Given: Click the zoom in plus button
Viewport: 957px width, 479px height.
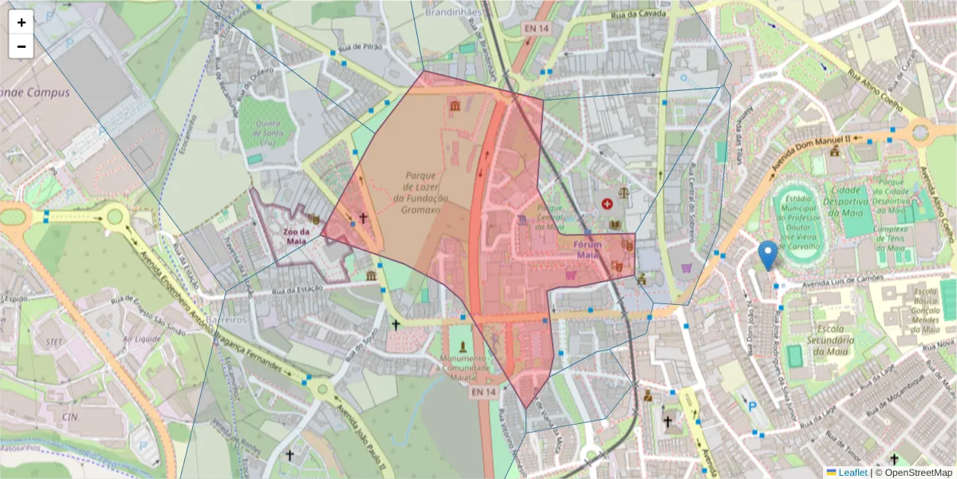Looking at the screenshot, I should pyautogui.click(x=22, y=22).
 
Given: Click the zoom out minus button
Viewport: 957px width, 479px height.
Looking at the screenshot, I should pyautogui.click(x=22, y=46).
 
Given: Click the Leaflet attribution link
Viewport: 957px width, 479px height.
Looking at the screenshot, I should pyautogui.click(x=852, y=472).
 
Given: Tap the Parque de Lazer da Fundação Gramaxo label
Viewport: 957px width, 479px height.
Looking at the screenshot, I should pyautogui.click(x=421, y=192).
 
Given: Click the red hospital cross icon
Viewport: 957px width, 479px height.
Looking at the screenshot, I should pyautogui.click(x=608, y=204).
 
